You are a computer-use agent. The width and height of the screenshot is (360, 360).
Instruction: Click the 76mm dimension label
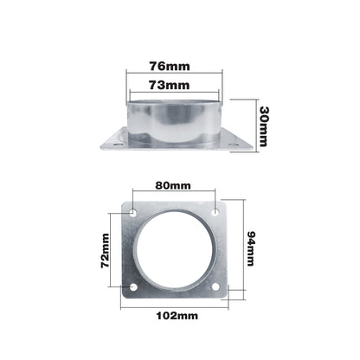[x=170, y=67]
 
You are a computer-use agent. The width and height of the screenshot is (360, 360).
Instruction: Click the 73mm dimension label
[x=170, y=85]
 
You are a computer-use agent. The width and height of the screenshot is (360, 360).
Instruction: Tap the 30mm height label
[x=264, y=126]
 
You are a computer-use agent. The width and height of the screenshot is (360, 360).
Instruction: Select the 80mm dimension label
[x=173, y=185]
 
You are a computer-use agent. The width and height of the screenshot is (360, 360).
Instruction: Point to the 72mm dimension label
[x=106, y=251]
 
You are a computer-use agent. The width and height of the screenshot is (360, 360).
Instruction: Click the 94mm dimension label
[x=250, y=248]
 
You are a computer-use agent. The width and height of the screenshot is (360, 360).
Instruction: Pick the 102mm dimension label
[x=177, y=316]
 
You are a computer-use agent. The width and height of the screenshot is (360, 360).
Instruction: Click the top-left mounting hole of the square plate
[x=133, y=213]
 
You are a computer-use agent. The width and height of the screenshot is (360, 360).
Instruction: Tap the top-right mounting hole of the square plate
[x=215, y=212]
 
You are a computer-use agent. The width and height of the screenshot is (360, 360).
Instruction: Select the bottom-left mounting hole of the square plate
[x=133, y=287]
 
